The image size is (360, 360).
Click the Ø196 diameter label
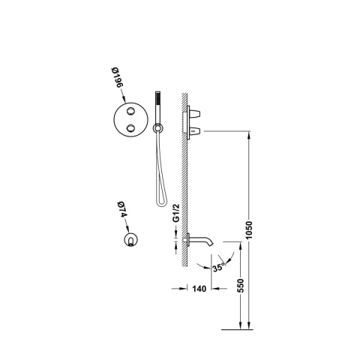117,77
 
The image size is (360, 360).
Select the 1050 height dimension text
249,230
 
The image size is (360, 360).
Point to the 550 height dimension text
240,285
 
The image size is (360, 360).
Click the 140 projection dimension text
199,289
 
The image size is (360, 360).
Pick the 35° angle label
218,268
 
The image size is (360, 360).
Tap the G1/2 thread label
176,213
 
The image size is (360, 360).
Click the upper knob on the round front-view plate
130,111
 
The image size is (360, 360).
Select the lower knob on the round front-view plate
130,128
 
